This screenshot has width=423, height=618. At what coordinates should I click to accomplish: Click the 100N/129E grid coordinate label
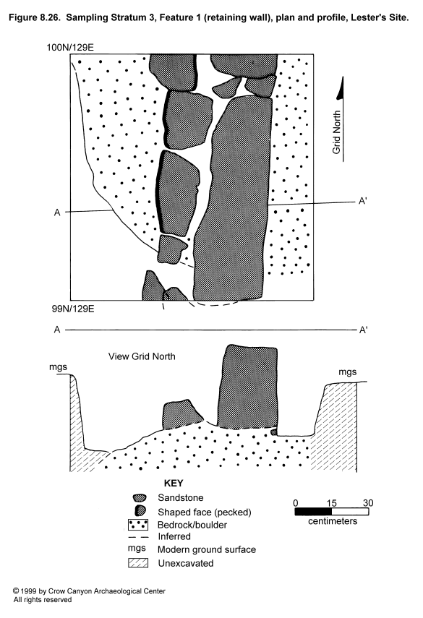click(70, 48)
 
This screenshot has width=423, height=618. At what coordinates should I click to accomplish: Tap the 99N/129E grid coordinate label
click(73, 309)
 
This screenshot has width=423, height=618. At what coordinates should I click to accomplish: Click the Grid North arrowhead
click(341, 88)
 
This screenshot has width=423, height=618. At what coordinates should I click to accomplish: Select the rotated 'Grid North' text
click(336, 132)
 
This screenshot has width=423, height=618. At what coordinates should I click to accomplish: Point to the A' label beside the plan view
click(363, 202)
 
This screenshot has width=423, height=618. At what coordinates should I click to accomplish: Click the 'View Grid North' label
click(142, 356)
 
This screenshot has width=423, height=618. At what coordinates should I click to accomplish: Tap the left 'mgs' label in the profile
click(58, 367)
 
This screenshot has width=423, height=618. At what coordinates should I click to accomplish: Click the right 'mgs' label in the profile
click(347, 372)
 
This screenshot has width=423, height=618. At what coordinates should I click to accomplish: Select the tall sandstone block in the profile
click(247, 387)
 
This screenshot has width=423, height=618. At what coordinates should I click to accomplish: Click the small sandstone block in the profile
click(181, 415)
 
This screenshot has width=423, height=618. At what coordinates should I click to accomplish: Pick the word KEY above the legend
click(174, 484)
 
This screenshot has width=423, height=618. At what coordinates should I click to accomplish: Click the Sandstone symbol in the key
click(140, 498)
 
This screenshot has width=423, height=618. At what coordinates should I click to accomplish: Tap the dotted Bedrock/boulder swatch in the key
click(138, 525)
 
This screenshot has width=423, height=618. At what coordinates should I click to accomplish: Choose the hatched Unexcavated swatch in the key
click(138, 563)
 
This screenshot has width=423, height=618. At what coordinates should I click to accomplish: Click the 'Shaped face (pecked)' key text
click(205, 512)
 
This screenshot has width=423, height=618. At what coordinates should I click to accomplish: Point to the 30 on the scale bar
click(368, 503)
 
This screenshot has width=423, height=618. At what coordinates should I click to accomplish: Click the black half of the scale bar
click(313, 512)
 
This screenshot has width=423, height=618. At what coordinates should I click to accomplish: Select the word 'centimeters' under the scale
click(333, 521)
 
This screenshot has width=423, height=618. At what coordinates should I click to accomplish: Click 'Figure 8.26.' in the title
click(34, 18)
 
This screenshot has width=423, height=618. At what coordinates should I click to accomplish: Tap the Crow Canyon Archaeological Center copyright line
click(90, 591)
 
